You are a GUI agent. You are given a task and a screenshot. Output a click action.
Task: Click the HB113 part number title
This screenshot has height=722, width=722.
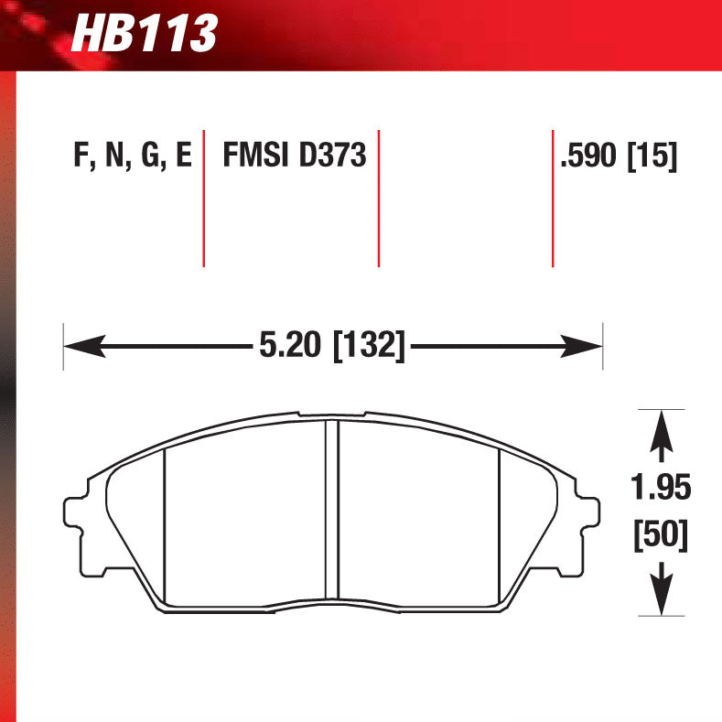[144, 34]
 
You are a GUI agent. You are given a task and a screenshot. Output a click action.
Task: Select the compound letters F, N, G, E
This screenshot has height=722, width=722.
[132, 156]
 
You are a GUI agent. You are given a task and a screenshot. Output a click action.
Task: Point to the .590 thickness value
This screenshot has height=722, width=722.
[590, 156]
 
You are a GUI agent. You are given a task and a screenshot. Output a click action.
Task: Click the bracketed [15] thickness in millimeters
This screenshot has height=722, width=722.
[652, 156]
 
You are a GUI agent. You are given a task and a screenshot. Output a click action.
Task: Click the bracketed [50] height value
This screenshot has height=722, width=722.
[661, 533]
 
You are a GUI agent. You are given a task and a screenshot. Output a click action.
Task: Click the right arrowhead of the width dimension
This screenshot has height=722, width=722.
[585, 346]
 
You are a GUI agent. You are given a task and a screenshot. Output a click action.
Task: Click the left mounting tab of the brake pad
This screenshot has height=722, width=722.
[75, 512]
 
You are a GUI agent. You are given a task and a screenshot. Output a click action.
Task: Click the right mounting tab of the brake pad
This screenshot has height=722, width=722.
[590, 512]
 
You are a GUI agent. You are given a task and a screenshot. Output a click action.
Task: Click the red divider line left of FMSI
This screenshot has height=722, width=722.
[203, 198]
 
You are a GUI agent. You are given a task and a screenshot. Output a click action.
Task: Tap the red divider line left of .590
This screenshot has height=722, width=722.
[553, 198]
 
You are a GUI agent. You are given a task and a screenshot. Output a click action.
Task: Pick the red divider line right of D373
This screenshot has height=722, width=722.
[378, 198]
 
